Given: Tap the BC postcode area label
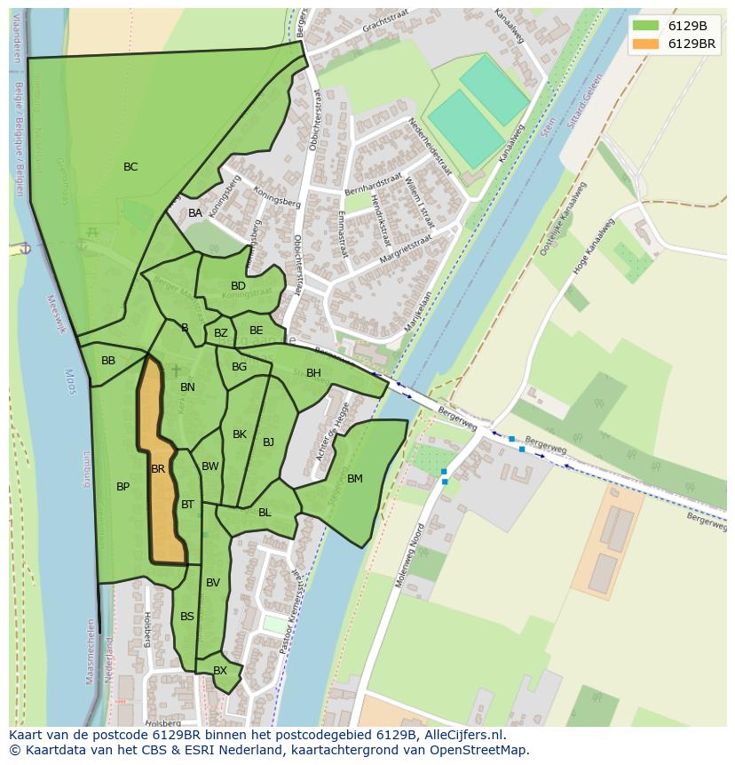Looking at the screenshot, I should pos(130,167).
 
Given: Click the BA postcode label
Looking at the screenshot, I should pos(195,213).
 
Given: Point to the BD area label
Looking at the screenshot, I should pos(238,286).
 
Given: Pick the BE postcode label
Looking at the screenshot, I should pos(257,331).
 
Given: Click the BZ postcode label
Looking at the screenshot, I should pos(221,334).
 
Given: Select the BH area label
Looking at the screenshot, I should pos(313,373).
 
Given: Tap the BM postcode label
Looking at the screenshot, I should pos(355,479).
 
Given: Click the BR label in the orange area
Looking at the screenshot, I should pos(158,469).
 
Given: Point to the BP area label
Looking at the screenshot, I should pos(122,487).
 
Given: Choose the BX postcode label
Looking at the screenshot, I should pos(220,671).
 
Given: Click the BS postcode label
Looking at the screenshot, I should pos(187,617).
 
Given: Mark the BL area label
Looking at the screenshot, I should pos(265,513).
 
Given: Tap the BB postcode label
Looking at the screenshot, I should pos(108,361).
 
